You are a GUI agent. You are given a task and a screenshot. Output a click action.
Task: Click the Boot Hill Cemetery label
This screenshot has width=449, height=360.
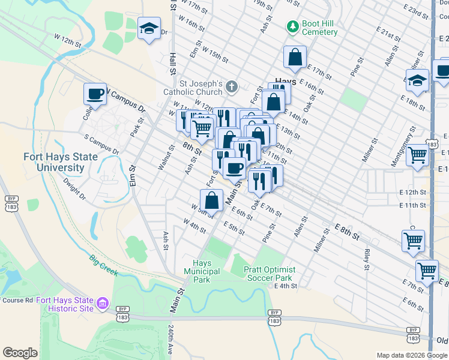(319, 28)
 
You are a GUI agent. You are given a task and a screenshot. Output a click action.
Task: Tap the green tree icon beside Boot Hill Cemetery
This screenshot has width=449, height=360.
(292, 27)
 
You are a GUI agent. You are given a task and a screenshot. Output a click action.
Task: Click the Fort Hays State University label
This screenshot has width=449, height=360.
(53, 163)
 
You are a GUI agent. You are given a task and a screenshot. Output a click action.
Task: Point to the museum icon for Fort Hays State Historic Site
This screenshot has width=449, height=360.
(103, 304)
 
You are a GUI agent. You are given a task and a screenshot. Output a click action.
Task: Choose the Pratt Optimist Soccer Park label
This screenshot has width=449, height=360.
(268, 274)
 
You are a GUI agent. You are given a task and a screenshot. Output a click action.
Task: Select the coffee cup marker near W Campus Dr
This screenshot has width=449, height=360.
(95, 94)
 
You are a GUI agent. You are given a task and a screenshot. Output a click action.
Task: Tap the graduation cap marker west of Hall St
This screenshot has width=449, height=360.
(149, 28)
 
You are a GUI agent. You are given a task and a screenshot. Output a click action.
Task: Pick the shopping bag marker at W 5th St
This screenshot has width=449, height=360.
(211, 200)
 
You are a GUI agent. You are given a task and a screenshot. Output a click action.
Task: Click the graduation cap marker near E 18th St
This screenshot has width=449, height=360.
(417, 80)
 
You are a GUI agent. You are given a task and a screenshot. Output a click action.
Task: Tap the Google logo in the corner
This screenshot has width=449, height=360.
(20, 353)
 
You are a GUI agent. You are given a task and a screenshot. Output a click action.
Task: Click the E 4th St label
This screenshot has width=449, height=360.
(286, 286)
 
